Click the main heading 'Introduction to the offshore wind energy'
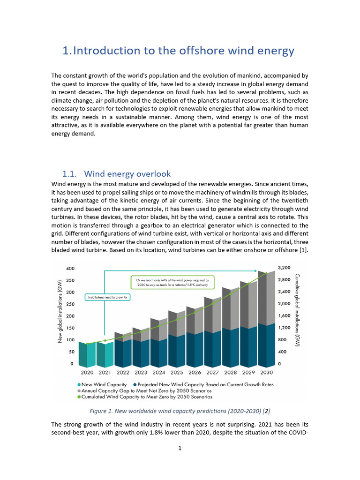(179, 51)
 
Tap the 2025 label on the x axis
(176, 373)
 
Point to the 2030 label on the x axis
(266, 373)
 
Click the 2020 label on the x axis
(87, 373)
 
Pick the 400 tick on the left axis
(69, 269)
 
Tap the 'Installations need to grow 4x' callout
(108, 297)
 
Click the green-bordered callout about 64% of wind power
(172, 282)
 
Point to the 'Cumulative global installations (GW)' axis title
(298, 310)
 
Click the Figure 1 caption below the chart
(180, 411)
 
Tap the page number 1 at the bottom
(180, 448)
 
